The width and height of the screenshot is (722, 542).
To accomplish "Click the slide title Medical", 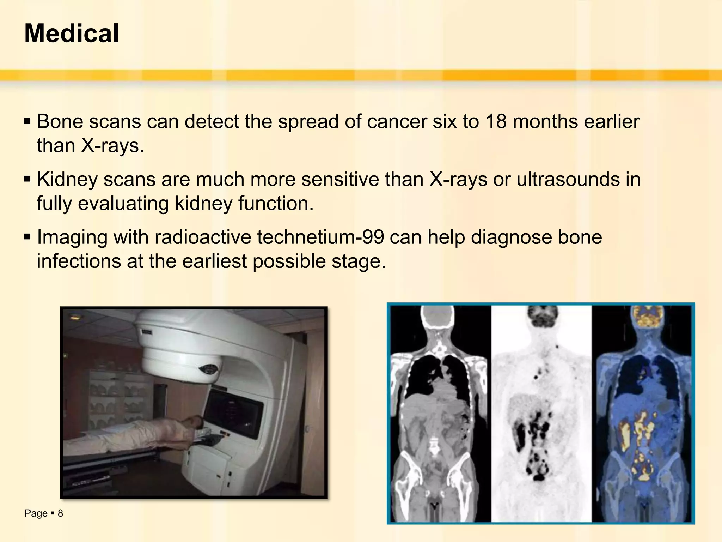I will (72, 34).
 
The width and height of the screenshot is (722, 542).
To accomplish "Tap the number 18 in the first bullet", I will (496, 122).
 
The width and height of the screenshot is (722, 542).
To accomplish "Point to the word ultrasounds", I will (568, 179).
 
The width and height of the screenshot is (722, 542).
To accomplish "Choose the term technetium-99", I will (320, 237).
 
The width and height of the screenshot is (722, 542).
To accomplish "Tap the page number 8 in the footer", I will (60, 513).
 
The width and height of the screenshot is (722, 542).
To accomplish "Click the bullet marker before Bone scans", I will (27, 122).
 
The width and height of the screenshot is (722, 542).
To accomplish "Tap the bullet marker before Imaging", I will (27, 237).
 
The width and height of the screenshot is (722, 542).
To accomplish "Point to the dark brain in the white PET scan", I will (541, 317).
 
